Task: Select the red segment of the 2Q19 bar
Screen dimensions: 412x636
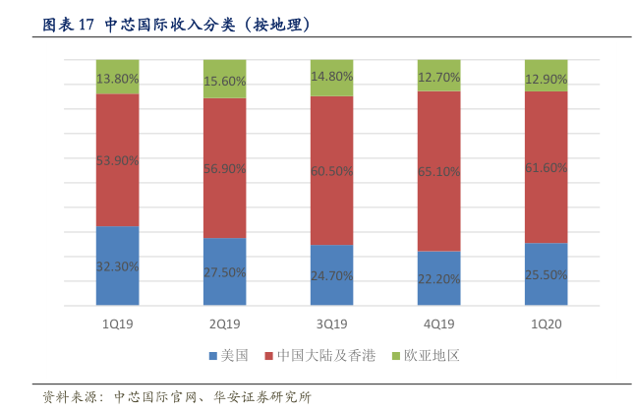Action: [x=224, y=197]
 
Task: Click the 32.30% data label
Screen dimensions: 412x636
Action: [x=117, y=266]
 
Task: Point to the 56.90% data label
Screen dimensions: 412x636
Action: [x=224, y=169]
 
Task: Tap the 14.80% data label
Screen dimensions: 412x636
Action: [x=331, y=76]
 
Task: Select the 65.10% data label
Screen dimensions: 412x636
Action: [x=438, y=171]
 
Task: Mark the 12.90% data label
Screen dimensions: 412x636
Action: [x=546, y=78]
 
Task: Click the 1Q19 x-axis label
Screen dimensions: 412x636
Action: [x=117, y=324]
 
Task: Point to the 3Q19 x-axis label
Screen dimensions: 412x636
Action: [x=331, y=324]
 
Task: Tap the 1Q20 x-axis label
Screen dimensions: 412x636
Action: [x=546, y=324]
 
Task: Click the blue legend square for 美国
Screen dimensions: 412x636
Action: [x=212, y=355]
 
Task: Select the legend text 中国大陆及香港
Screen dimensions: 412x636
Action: [x=325, y=355]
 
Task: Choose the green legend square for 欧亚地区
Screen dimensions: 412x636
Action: [x=396, y=355]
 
